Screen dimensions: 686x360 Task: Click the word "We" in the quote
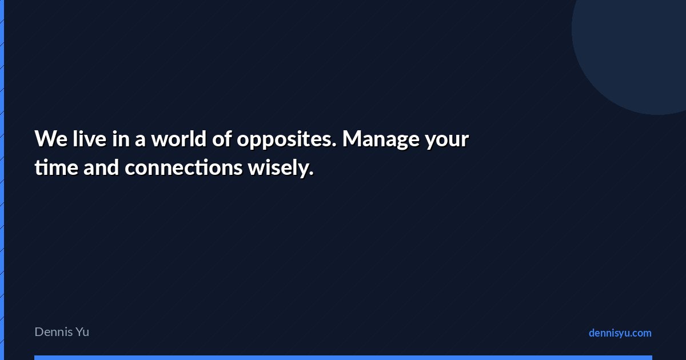pos(51,139)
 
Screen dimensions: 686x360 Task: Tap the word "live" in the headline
pos(89,138)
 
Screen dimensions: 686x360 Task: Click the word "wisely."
pos(281,169)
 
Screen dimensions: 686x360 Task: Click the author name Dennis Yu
pos(62,332)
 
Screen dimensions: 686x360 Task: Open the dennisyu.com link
pos(620,333)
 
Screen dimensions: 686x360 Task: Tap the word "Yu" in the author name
pos(82,332)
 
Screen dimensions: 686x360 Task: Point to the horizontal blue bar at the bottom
pos(344,358)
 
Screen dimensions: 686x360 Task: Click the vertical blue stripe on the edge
pos(2,180)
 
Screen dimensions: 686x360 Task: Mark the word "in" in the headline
pos(121,139)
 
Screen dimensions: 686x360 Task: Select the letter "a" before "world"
pos(140,141)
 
